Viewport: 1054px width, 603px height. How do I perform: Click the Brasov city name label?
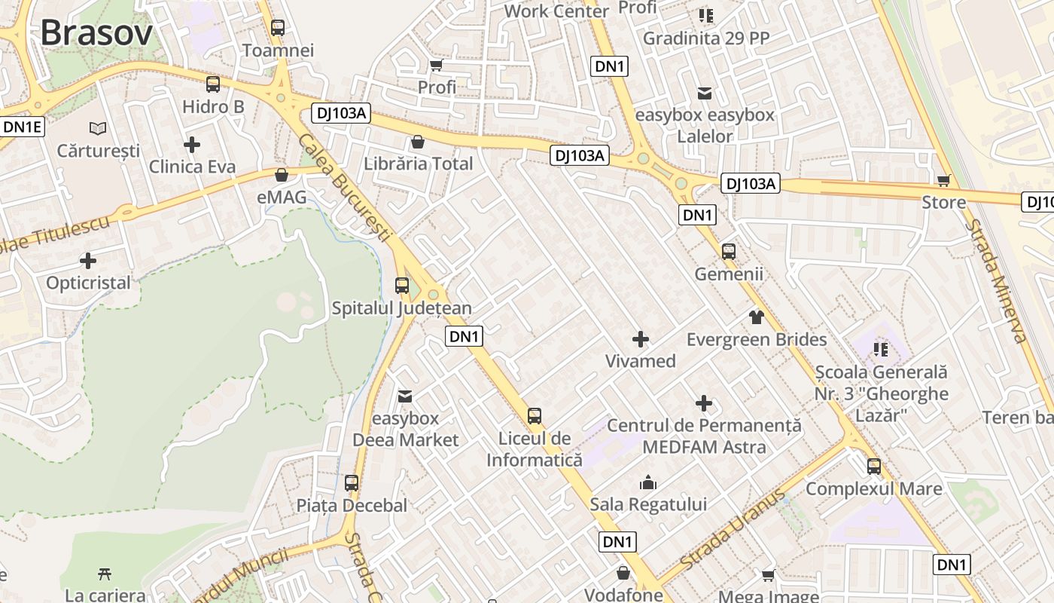96,32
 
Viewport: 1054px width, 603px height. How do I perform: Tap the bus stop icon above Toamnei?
278,28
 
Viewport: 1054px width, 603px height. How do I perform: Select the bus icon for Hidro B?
213,84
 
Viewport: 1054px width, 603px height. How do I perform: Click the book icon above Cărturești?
98,128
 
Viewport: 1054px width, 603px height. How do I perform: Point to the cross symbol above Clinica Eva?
192,144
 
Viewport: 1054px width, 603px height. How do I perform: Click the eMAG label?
282,197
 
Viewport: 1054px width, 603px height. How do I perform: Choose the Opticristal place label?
88,283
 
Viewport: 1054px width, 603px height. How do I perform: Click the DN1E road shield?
23,127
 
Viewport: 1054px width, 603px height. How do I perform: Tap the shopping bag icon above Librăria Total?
418,142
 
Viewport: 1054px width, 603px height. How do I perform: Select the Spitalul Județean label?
402,308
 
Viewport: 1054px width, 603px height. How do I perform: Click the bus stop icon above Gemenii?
728,252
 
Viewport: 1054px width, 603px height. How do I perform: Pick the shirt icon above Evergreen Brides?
757,317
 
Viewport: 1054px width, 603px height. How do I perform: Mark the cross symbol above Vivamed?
641,339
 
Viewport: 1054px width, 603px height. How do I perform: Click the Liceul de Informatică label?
535,449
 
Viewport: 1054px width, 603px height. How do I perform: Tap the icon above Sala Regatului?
647,482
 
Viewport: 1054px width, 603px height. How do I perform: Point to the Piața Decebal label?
352,506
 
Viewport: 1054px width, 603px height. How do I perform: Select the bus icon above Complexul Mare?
873,467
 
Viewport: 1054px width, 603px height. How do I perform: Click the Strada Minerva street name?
997,280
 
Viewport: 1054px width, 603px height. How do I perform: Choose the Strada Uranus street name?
732,530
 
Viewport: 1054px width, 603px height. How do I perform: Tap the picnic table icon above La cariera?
105,574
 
